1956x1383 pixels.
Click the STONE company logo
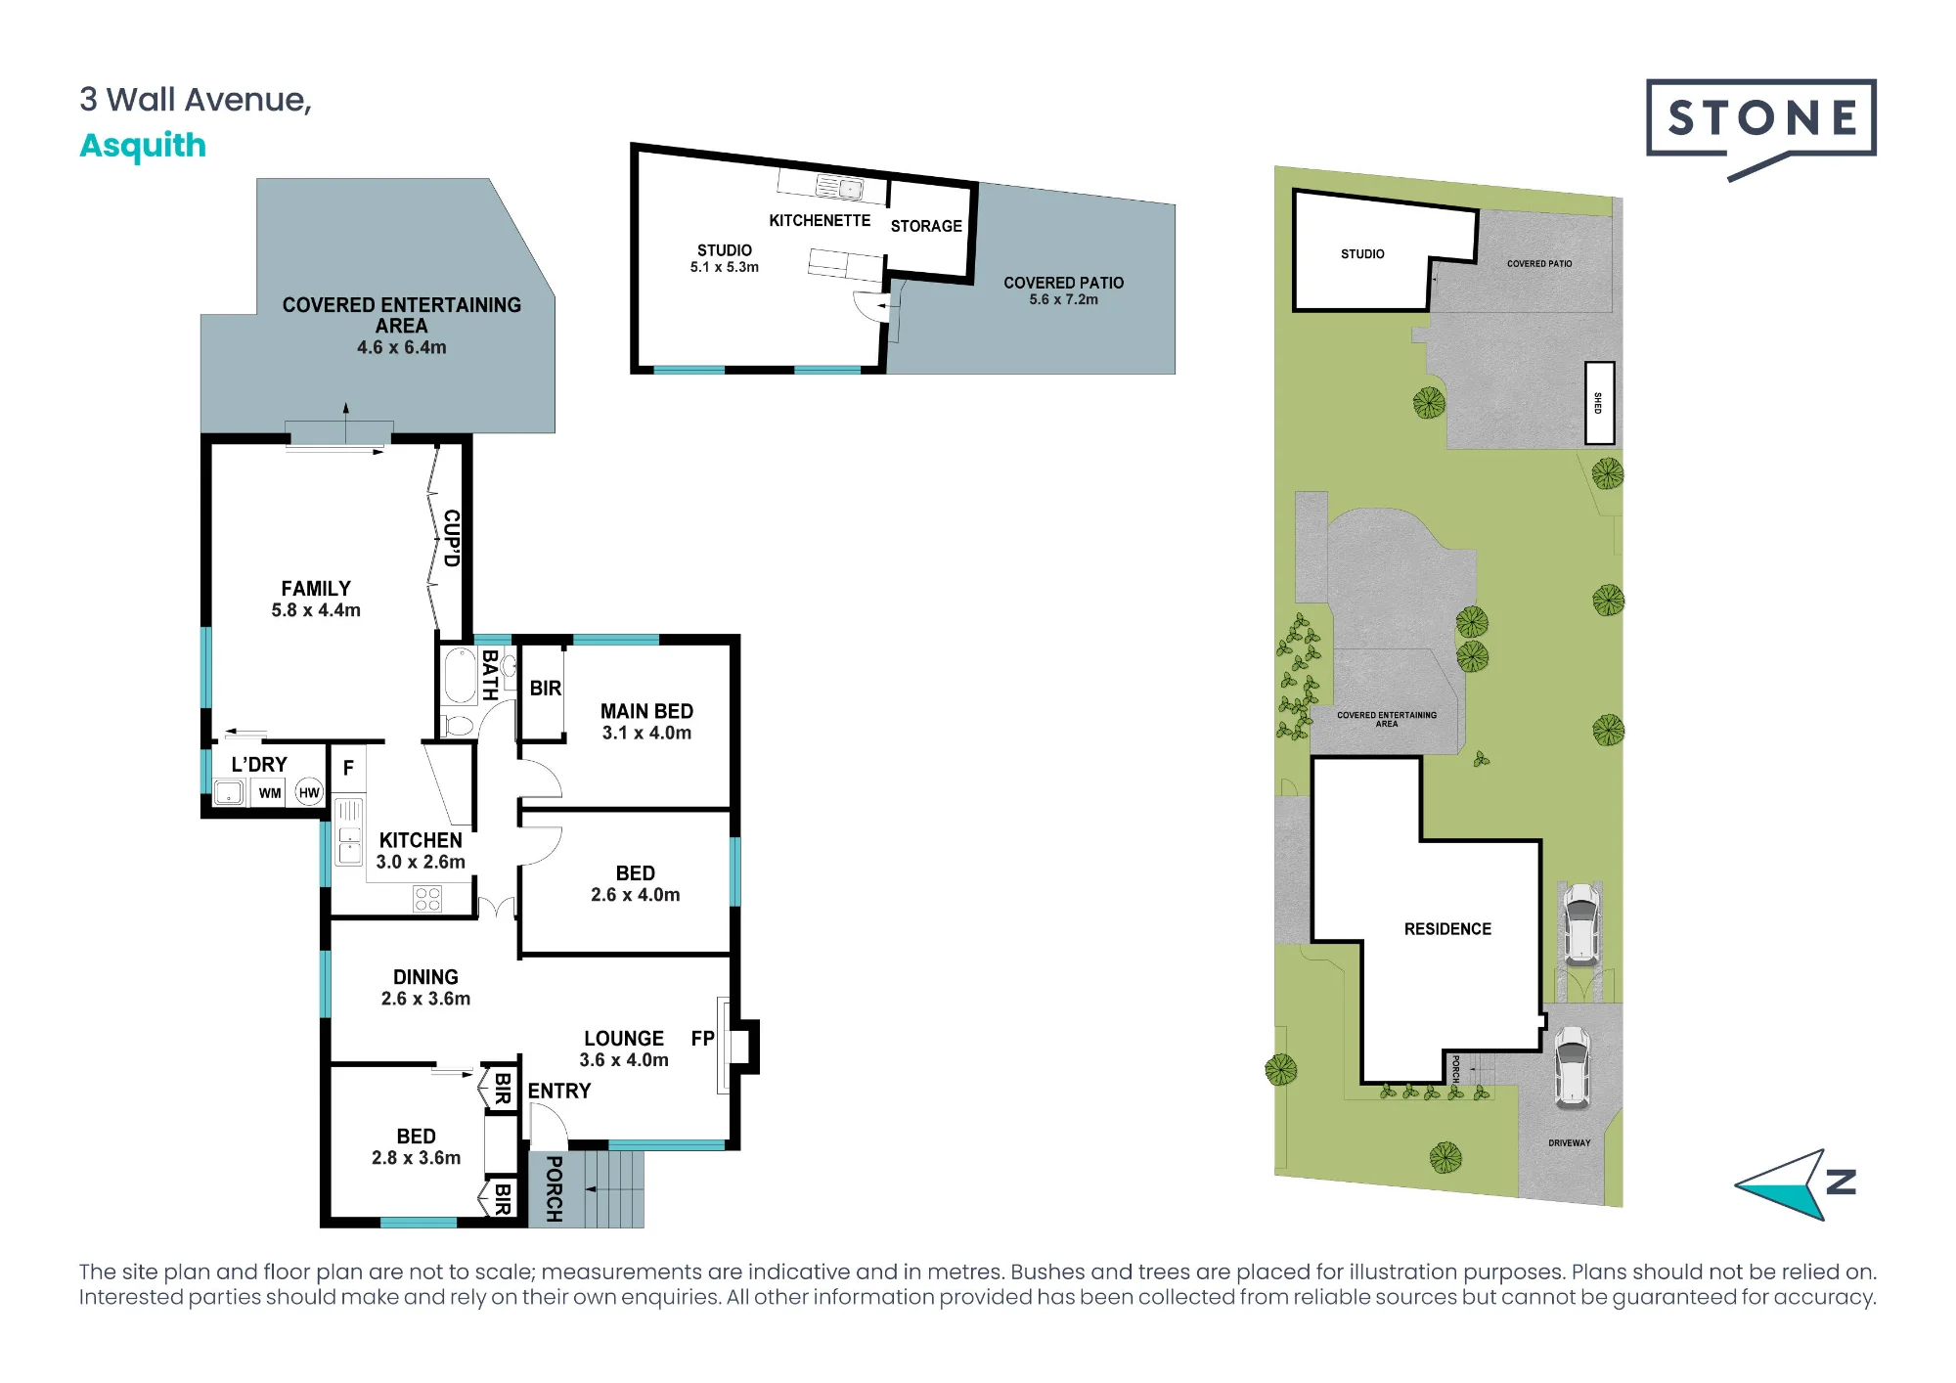[x=1760, y=127]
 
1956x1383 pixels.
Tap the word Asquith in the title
[x=143, y=146]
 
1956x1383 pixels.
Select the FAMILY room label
[x=316, y=589]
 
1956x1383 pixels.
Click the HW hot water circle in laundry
[x=309, y=793]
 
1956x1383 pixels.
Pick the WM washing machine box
[x=270, y=793]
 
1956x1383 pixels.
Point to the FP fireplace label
[x=702, y=1039]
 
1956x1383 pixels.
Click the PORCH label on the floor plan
[x=554, y=1189]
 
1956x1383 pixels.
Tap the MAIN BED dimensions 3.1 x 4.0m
[x=646, y=734]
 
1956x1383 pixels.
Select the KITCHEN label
[x=421, y=840]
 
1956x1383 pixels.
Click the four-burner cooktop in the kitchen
[x=427, y=899]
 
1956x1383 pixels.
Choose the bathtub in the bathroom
[x=459, y=676]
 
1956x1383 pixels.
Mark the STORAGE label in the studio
[x=926, y=226]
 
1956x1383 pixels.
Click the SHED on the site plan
[x=1599, y=403]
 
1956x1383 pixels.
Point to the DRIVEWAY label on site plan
[x=1569, y=1142]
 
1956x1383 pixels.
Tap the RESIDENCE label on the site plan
[x=1447, y=929]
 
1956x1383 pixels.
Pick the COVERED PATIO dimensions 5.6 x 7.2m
[x=1063, y=300]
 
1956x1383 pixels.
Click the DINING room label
[x=425, y=977]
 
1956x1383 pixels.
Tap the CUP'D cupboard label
[x=451, y=538]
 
